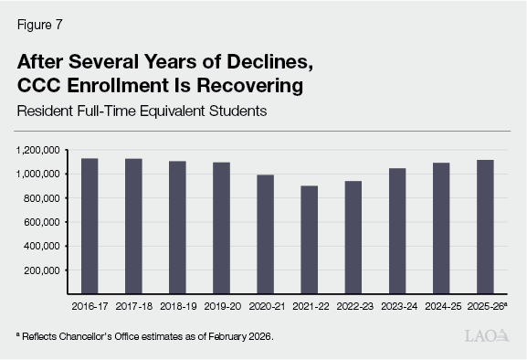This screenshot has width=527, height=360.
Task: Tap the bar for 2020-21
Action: pyautogui.click(x=265, y=234)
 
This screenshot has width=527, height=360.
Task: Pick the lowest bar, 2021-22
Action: pyautogui.click(x=309, y=239)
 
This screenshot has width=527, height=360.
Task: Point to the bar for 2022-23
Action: pyautogui.click(x=353, y=238)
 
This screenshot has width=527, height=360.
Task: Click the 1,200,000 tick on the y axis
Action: pyautogui.click(x=37, y=150)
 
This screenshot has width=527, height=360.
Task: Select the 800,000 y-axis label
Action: pyautogui.click(x=41, y=198)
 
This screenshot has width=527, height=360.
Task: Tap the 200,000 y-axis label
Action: pyautogui.click(x=41, y=270)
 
